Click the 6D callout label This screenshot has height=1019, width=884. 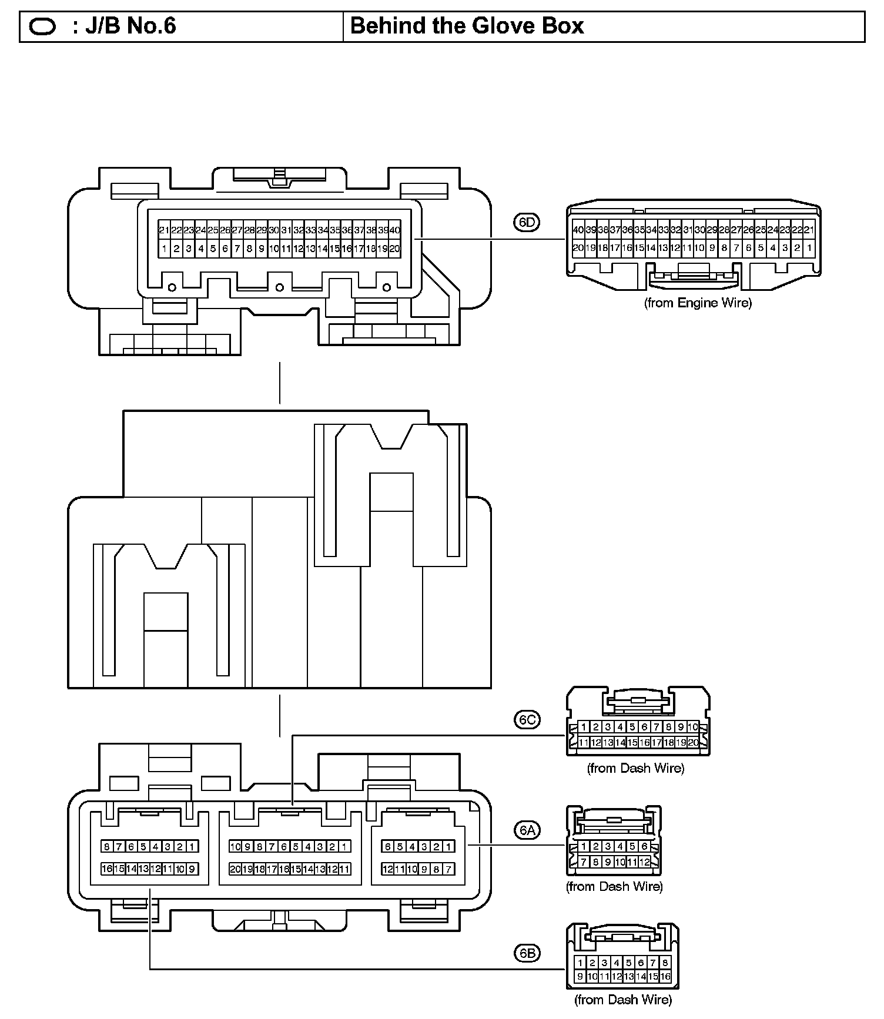(527, 222)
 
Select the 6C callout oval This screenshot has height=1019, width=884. (527, 720)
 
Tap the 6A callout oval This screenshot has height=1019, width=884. (527, 830)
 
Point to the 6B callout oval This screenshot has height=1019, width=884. (527, 953)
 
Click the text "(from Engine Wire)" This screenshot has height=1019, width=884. (698, 303)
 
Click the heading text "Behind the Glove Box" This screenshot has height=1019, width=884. (467, 26)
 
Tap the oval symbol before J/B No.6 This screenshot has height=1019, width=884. (42, 27)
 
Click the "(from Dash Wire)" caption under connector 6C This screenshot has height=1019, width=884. (635, 768)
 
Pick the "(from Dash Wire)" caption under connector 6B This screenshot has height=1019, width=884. (622, 999)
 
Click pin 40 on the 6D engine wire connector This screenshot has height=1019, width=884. (578, 230)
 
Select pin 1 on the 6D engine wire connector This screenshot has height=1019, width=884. (809, 248)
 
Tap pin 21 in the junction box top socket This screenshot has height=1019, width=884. (164, 230)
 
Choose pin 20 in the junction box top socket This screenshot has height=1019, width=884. (395, 249)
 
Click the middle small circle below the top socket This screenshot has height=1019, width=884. (280, 287)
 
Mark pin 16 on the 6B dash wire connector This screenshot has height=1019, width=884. (665, 977)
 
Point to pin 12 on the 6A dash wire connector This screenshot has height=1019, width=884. (645, 862)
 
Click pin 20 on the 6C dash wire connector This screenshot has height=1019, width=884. (694, 743)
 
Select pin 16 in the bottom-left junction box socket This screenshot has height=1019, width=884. (107, 869)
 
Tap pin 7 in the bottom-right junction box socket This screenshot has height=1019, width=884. (448, 869)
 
